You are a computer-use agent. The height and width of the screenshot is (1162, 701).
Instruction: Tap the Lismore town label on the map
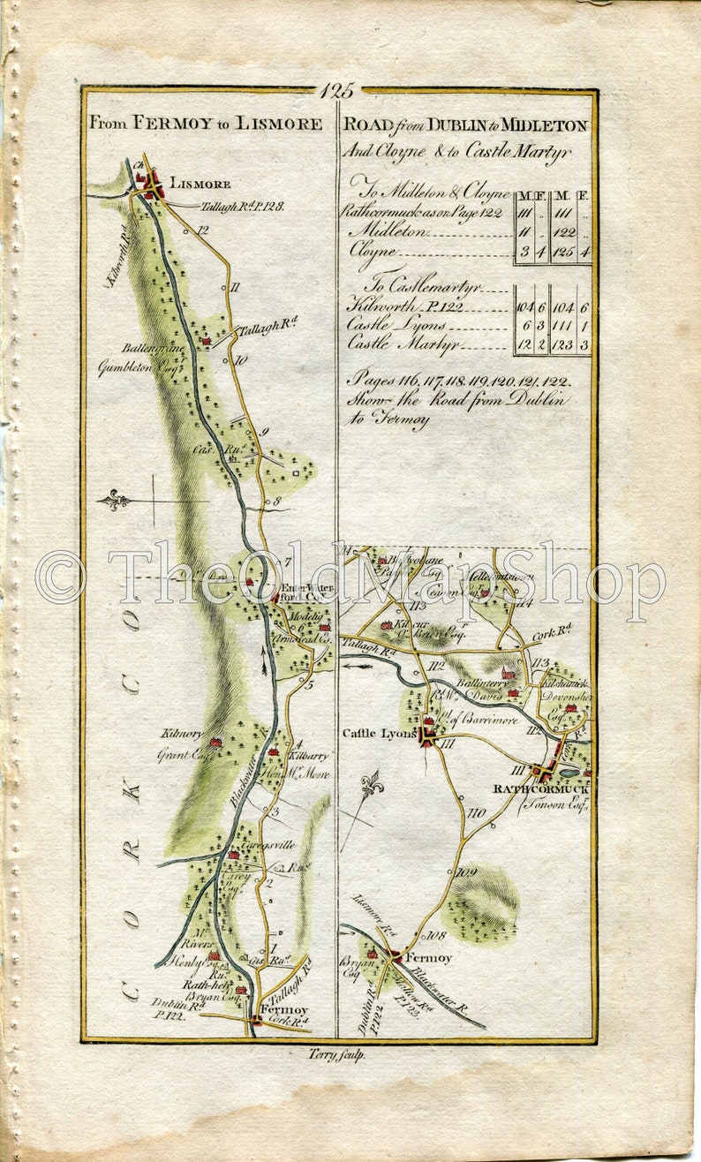point(200,184)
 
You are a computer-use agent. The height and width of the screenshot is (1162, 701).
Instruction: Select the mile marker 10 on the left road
point(240,359)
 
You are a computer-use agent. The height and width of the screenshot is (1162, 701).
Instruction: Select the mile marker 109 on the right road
point(467,872)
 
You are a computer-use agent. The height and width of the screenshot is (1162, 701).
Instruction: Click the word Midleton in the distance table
point(379,231)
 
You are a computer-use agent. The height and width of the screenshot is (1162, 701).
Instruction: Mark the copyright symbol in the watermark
point(59,577)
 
